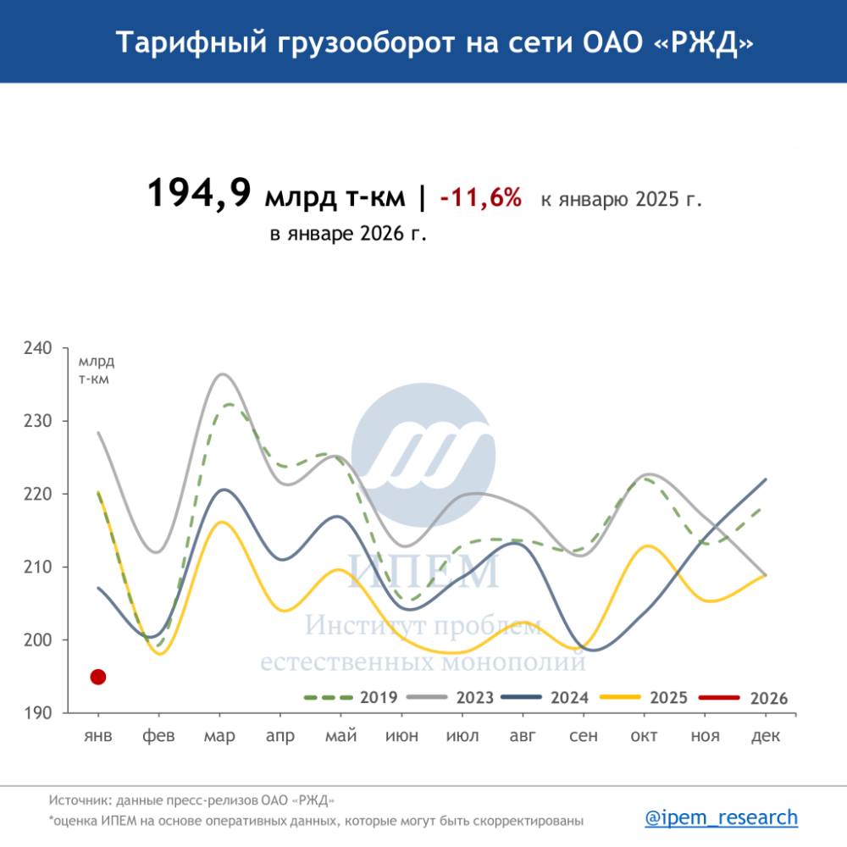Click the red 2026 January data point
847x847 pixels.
click(97, 677)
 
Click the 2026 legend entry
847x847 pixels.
click(743, 698)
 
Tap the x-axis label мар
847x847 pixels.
click(219, 736)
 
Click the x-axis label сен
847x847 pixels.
click(584, 736)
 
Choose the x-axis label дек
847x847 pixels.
click(766, 736)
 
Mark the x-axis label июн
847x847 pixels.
click(401, 736)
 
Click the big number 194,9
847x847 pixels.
click(199, 193)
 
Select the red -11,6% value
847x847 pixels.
click(480, 198)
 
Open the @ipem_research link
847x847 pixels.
click(721, 817)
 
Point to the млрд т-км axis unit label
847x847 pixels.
click(96, 370)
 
